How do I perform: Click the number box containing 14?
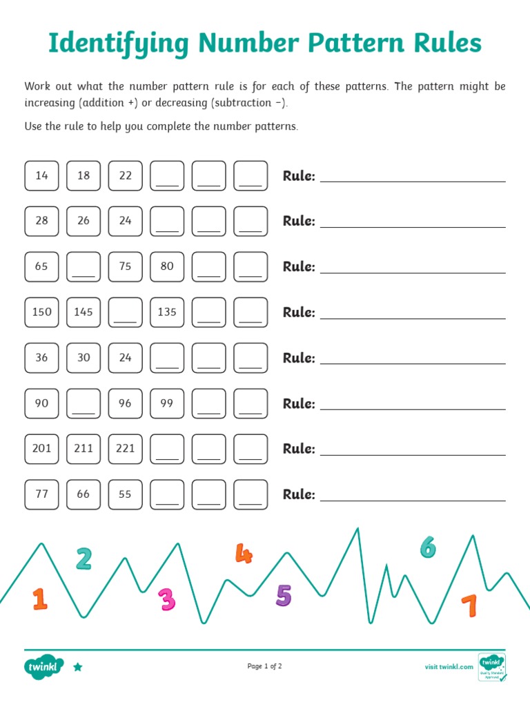pyautogui.click(x=42, y=175)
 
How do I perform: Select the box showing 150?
pyautogui.click(x=42, y=312)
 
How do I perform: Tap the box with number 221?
pyautogui.click(x=126, y=449)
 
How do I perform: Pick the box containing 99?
pyautogui.click(x=167, y=403)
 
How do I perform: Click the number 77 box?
pyautogui.click(x=42, y=494)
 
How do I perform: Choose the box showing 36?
pyautogui.click(x=42, y=358)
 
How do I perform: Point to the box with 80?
pyautogui.click(x=167, y=267)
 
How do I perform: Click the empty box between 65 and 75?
pyautogui.click(x=84, y=267)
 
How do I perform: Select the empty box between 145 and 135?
pyautogui.click(x=126, y=312)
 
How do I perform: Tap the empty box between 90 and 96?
pyautogui.click(x=84, y=403)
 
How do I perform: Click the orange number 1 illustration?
pyautogui.click(x=40, y=599)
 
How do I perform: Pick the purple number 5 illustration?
pyautogui.click(x=284, y=595)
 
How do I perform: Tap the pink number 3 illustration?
pyautogui.click(x=167, y=600)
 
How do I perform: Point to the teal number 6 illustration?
pyautogui.click(x=428, y=547)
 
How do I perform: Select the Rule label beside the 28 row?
pyautogui.click(x=299, y=222)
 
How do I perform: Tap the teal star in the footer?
pyautogui.click(x=78, y=667)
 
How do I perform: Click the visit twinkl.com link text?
pyautogui.click(x=449, y=667)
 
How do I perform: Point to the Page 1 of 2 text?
pyautogui.click(x=265, y=666)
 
